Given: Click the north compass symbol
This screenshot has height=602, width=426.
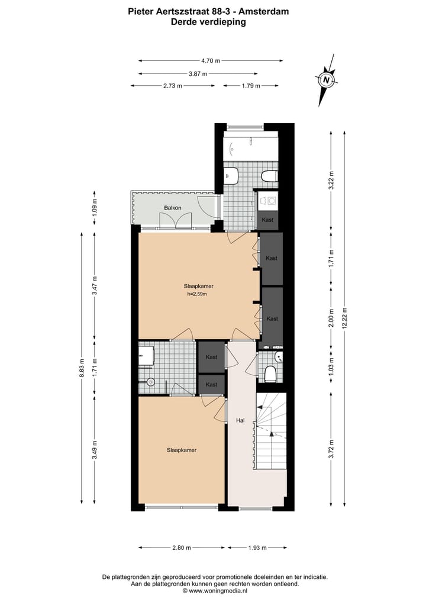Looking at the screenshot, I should tap(326, 79).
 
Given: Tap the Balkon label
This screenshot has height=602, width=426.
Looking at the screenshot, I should tap(173, 208).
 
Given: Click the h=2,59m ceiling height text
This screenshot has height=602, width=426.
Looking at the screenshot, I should tap(198, 294).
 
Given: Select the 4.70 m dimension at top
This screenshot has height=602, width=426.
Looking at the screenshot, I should tap(210, 60).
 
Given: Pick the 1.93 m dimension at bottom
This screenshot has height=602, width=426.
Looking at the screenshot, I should tap(257, 548).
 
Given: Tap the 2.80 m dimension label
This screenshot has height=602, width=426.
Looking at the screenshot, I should tap(182, 548).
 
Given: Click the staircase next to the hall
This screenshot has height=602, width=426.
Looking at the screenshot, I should tap(271, 432).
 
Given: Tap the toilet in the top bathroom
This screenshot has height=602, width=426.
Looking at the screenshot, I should tap(270, 176).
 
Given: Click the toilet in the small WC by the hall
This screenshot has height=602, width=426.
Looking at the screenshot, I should tap(271, 374).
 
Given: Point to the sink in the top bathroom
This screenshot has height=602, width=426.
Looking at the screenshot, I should tap(231, 175).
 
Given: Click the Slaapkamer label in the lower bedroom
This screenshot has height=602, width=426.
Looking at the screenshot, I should tap(182, 450).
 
